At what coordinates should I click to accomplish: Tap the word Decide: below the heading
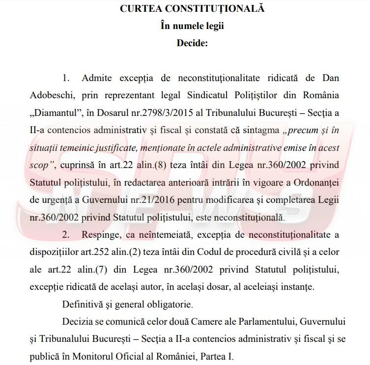pos(192,43)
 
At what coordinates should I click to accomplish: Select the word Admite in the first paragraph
pos(97,79)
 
